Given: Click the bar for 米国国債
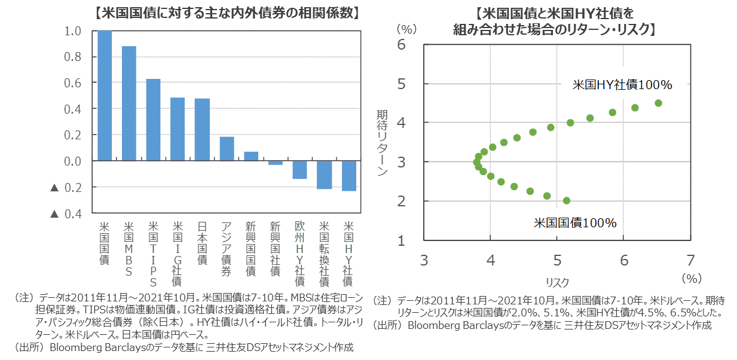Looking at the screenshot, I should coord(105,96).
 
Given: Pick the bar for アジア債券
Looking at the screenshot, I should coord(227,149).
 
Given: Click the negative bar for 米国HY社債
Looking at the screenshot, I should coord(349,176).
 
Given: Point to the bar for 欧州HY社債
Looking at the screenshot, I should coord(300,170).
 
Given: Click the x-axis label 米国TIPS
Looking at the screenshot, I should coord(154,254).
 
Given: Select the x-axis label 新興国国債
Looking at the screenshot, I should coord(251,249).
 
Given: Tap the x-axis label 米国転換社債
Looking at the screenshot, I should coord(325,254).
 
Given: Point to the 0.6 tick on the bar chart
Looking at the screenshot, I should coord(72,83).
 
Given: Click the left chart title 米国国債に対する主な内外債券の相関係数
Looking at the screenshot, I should coord(228,12).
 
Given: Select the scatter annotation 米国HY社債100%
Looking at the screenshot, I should coord(622,86).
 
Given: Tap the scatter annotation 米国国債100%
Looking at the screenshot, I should coord(574,223).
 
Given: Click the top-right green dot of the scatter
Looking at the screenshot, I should coord(658,103).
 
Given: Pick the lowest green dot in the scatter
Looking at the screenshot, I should coord(567,201).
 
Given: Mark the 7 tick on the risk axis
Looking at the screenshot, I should coord(691,260).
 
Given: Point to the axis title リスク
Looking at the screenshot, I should coord(557,282).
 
